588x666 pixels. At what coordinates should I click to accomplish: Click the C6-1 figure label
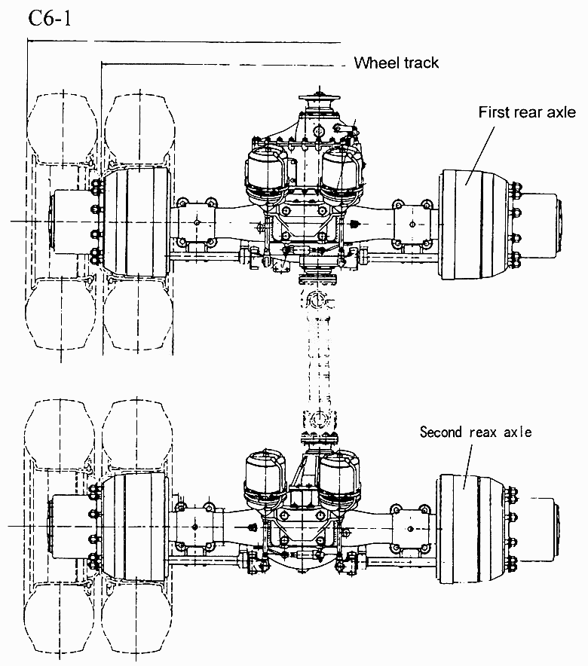pyautogui.click(x=49, y=19)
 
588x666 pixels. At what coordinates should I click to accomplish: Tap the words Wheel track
pyautogui.click(x=396, y=63)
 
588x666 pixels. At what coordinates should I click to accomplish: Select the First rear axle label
pyautogui.click(x=527, y=112)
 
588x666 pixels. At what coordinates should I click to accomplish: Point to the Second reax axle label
pyautogui.click(x=476, y=432)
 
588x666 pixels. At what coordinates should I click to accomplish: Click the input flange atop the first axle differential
pyautogui.click(x=320, y=99)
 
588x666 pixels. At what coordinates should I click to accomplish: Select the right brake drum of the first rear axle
pyautogui.click(x=474, y=225)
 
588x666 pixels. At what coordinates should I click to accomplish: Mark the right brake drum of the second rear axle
pyautogui.click(x=471, y=529)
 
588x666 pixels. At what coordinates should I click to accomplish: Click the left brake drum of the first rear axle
pyautogui.click(x=136, y=221)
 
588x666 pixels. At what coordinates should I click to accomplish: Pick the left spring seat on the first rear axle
pyautogui.click(x=196, y=222)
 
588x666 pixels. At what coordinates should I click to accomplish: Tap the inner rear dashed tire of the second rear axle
pyautogui.click(x=137, y=617)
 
